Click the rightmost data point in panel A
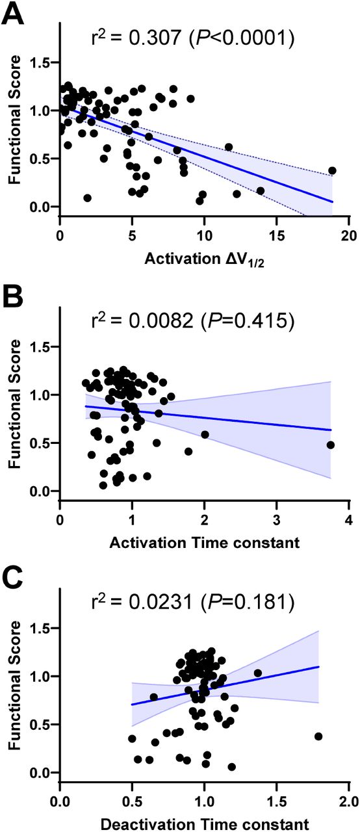click(x=332, y=170)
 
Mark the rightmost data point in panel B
click(x=330, y=445)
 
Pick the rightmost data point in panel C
click(x=318, y=736)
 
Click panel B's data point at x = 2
click(x=205, y=434)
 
